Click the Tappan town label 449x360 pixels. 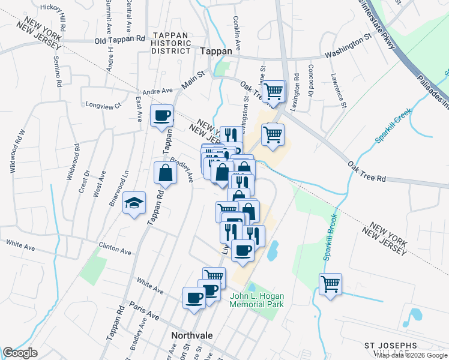216,51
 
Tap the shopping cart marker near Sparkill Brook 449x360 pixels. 330,284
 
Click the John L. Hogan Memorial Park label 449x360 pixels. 256,299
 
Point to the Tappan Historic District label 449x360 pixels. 171,43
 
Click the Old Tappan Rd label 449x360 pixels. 120,40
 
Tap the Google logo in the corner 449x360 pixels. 20,353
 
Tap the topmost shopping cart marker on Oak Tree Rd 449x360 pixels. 274,91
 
